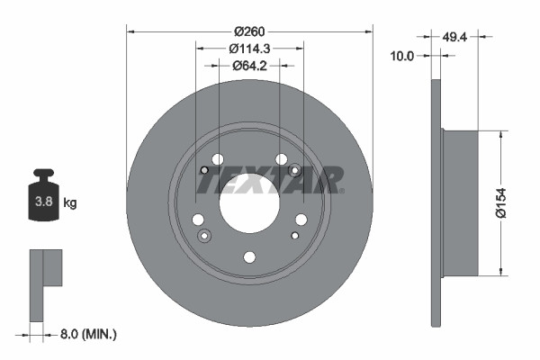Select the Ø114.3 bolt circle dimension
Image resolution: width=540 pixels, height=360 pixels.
(x=250, y=48)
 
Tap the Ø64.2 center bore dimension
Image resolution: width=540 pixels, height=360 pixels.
(x=250, y=66)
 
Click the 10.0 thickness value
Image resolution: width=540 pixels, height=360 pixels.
(x=402, y=56)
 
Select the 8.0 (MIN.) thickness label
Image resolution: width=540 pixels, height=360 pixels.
(x=87, y=334)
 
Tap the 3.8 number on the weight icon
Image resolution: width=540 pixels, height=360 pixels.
(x=42, y=202)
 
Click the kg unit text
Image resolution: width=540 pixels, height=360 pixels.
(x=70, y=203)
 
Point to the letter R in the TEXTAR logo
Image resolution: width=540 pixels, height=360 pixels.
(x=329, y=180)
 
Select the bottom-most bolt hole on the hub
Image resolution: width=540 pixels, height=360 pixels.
(x=250, y=257)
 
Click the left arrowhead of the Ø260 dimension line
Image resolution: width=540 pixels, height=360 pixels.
(x=131, y=31)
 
